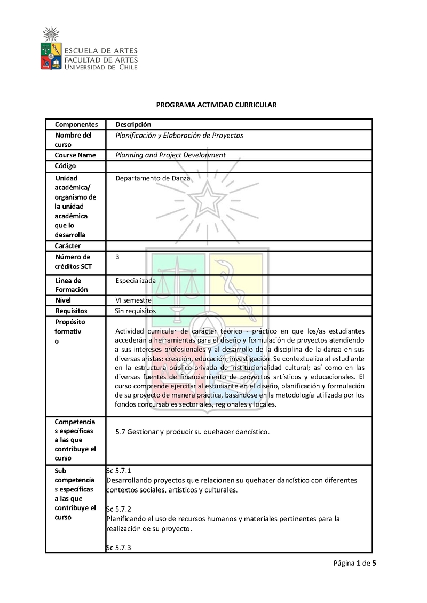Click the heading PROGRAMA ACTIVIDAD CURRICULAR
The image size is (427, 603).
click(216, 105)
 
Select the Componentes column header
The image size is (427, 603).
click(76, 124)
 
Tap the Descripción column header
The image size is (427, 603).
click(133, 124)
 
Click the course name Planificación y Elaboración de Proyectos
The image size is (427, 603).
click(179, 136)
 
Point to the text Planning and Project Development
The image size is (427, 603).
click(170, 155)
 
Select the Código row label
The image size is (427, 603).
click(65, 166)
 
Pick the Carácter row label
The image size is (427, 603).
click(68, 246)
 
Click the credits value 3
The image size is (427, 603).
click(117, 257)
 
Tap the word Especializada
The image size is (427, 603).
click(136, 280)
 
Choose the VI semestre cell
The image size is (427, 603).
click(133, 300)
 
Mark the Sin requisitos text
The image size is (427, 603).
click(136, 311)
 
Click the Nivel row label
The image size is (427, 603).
click(63, 300)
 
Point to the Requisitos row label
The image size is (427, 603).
click(71, 311)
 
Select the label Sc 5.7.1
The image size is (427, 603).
click(118, 471)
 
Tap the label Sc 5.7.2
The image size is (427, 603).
click(118, 509)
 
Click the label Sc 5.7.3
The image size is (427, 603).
click(118, 548)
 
